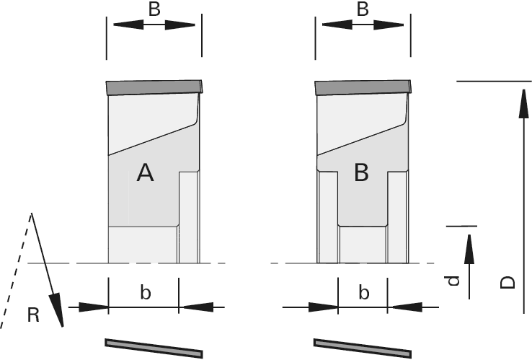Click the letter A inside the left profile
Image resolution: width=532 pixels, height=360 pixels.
tap(146, 172)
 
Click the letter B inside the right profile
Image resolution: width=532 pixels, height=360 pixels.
tap(361, 172)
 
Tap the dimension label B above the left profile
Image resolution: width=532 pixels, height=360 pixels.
tap(154, 9)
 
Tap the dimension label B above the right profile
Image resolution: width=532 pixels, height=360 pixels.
tap(363, 9)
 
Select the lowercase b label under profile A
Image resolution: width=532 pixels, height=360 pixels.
tap(145, 292)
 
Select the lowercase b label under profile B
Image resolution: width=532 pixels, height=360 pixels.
tap(364, 292)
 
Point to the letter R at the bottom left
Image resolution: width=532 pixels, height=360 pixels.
tap(33, 315)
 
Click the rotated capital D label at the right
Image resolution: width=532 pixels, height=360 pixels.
tap(507, 280)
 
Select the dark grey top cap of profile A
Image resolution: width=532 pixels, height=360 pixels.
tap(154, 88)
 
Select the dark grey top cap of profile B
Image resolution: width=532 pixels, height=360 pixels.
tap(364, 88)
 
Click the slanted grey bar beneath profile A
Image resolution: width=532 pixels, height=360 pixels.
tap(154, 347)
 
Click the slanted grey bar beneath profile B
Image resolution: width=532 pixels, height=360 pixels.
tap(363, 347)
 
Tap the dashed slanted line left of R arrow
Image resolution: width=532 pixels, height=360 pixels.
tap(17, 273)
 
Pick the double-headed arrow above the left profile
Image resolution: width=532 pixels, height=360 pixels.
tap(154, 24)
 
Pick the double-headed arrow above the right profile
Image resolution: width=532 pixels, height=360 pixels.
tap(363, 24)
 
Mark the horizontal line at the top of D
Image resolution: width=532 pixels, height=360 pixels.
tap(494, 82)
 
